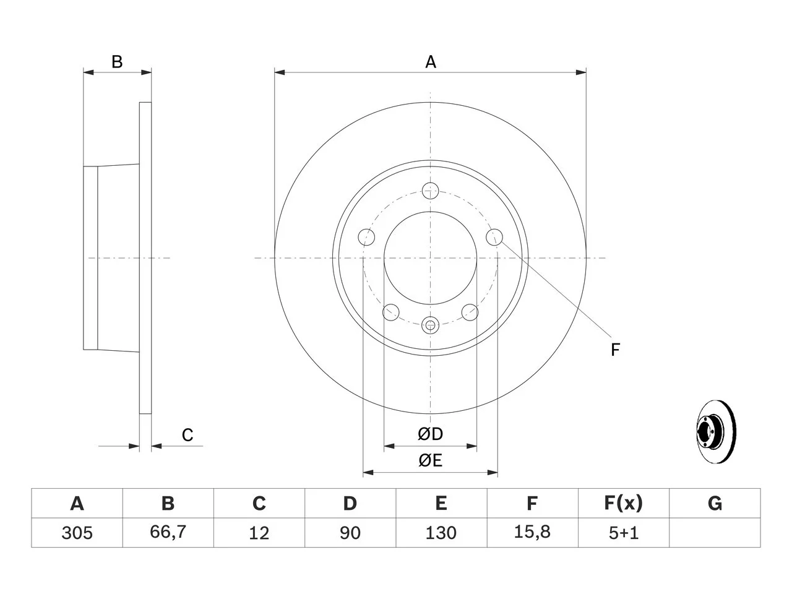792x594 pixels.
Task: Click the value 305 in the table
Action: (x=77, y=533)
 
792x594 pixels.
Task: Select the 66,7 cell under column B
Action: (x=168, y=532)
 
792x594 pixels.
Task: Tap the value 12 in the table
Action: (x=259, y=533)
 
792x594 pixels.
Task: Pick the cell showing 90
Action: (x=350, y=533)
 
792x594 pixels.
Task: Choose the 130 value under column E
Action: (x=441, y=533)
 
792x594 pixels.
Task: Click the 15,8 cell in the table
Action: (x=532, y=532)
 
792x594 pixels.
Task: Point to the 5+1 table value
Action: (x=624, y=533)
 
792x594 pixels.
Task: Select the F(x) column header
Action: (x=624, y=503)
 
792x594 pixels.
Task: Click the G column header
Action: (x=715, y=503)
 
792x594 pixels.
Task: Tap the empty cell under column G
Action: (x=715, y=533)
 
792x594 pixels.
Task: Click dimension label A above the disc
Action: (x=431, y=62)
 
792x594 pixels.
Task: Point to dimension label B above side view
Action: (x=117, y=62)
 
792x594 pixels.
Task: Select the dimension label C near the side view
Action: (x=187, y=435)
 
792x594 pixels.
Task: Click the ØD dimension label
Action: (x=430, y=434)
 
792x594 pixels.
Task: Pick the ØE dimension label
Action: (x=430, y=461)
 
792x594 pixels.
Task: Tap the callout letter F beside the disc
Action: (x=615, y=350)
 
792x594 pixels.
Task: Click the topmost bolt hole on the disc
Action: (x=430, y=191)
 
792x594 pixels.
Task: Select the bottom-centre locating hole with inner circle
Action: (x=430, y=325)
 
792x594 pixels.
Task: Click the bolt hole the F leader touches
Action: (x=494, y=237)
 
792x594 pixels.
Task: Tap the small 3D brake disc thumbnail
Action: (x=717, y=432)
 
